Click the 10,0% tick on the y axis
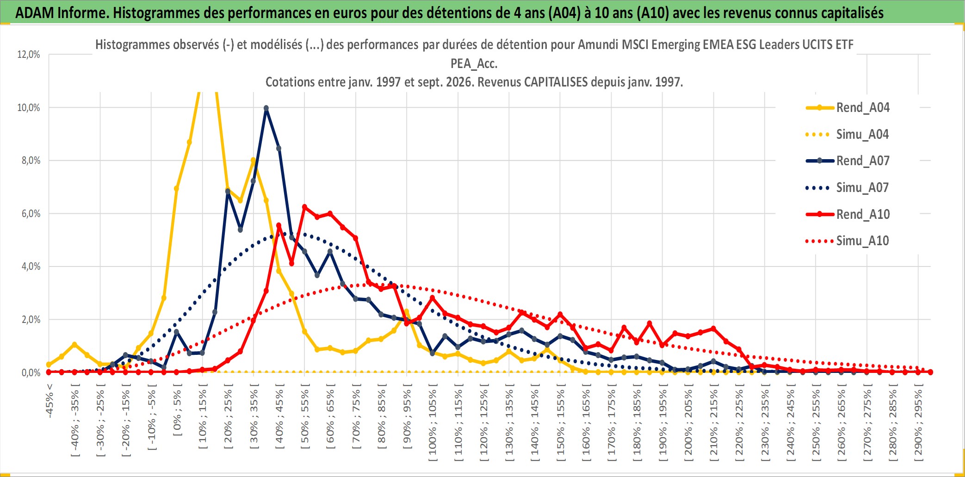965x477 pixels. pos(29,108)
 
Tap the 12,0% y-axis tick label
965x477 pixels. pos(29,55)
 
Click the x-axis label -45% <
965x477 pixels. pos(49,401)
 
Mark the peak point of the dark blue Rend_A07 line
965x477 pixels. pos(266,108)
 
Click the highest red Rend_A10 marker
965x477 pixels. pos(304,207)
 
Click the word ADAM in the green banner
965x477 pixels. pos(34,12)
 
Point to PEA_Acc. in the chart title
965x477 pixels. pos(474,63)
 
